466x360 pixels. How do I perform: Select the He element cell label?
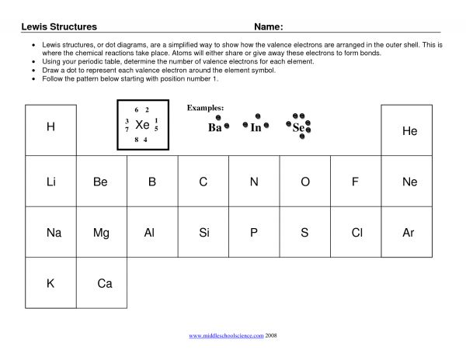coord(409,132)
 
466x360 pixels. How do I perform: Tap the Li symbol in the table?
coord(51,182)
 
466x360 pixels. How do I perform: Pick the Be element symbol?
coord(100,182)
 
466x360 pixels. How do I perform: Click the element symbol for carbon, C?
coord(203,182)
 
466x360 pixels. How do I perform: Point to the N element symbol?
coord(253,182)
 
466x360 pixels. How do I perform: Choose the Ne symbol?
coord(409,182)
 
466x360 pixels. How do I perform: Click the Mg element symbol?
coord(101,232)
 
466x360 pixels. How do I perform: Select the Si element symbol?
coord(204,232)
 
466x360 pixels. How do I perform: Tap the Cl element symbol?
coord(357,232)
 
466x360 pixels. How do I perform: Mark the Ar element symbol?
coord(409,232)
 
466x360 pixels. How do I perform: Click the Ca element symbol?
coord(105,284)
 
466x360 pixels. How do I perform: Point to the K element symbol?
coord(50,284)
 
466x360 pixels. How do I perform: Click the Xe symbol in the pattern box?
coord(142,125)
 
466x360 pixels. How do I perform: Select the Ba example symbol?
coord(215,128)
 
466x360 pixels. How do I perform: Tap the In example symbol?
coord(256,128)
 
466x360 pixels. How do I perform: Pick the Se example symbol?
coord(299,128)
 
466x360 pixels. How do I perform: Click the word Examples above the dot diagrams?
coord(206,107)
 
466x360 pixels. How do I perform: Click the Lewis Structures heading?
coord(58,26)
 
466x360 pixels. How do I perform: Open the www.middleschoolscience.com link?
coord(226,336)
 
